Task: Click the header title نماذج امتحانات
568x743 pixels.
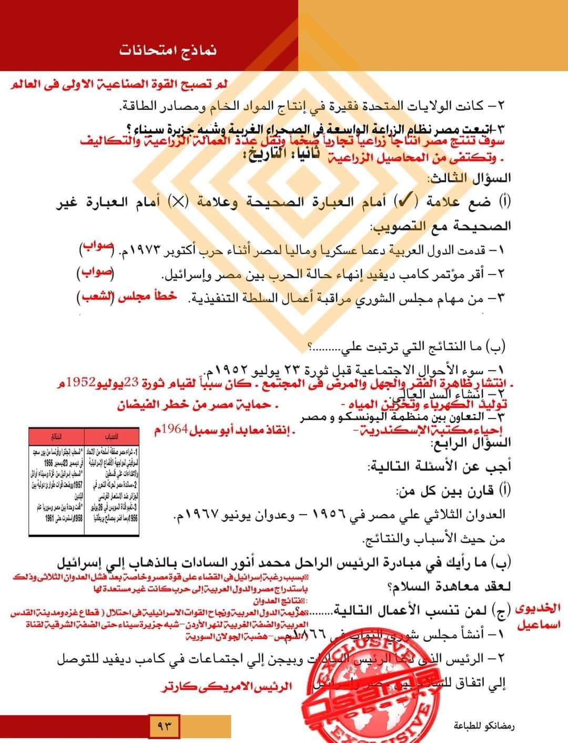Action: tap(168, 51)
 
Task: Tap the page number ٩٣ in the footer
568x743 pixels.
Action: tap(165, 727)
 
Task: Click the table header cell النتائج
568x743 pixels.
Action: tap(55, 436)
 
